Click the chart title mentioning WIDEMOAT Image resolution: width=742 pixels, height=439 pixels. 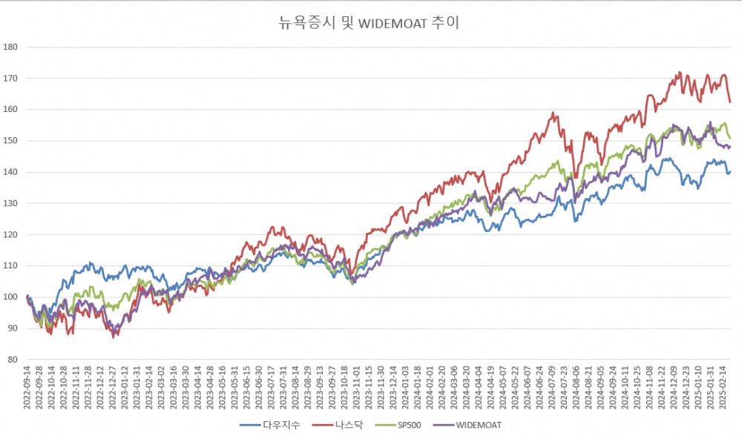pyautogui.click(x=369, y=24)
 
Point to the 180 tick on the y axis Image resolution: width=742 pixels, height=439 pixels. pyautogui.click(x=10, y=47)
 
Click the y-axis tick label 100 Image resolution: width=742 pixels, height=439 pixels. pyautogui.click(x=10, y=297)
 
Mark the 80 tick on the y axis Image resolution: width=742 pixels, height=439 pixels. pyautogui.click(x=13, y=360)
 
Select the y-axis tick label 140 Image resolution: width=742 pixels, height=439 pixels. pyautogui.click(x=10, y=172)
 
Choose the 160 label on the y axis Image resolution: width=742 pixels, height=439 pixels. pyautogui.click(x=10, y=110)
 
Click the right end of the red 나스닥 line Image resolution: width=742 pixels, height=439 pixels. pyautogui.click(x=730, y=102)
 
